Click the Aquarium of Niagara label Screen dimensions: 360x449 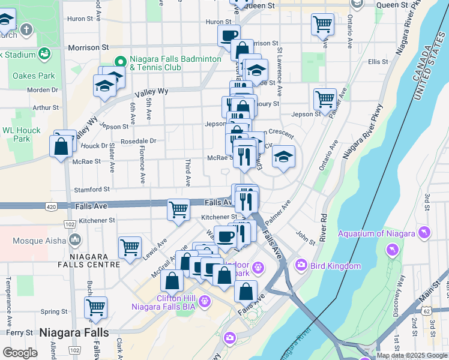[x=376, y=233]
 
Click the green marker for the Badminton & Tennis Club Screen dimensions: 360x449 [x=119, y=61]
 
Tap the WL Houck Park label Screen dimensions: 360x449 [x=21, y=134]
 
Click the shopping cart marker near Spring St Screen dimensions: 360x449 [x=95, y=307]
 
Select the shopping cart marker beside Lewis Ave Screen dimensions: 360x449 [x=130, y=247]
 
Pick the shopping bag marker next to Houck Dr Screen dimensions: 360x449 [x=62, y=146]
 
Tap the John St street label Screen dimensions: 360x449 [x=306, y=238]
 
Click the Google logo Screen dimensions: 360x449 [x=20, y=353]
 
